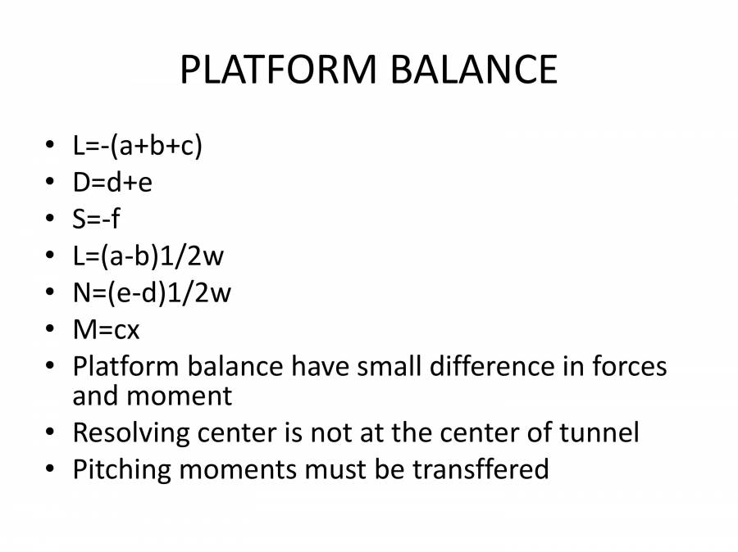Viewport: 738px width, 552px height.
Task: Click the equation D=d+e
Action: pyautogui.click(x=112, y=183)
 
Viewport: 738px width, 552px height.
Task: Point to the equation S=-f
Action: pyautogui.click(x=95, y=219)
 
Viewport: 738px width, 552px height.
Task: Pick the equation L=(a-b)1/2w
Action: pyautogui.click(x=148, y=256)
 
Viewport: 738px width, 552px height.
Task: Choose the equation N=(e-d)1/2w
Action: pyautogui.click(x=152, y=292)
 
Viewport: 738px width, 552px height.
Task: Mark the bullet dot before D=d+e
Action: pyautogui.click(x=51, y=183)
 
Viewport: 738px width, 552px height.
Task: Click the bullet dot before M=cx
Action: pyautogui.click(x=51, y=329)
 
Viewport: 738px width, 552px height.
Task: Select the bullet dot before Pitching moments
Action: pyautogui.click(x=51, y=470)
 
